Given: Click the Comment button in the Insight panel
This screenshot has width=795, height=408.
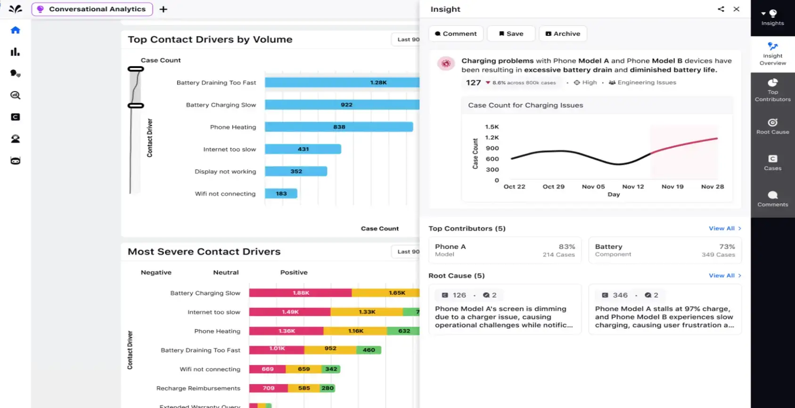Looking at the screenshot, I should [456, 34].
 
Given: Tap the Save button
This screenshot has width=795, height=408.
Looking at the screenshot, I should [511, 34].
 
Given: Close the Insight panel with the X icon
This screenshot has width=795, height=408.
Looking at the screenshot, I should [736, 9].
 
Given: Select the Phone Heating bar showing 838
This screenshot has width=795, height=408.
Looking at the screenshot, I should [338, 127].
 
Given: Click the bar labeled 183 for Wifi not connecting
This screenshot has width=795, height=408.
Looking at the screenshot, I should [281, 193].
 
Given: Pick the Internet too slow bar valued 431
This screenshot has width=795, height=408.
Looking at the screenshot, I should [303, 149].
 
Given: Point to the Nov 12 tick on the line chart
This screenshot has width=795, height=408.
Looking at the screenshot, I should [633, 187].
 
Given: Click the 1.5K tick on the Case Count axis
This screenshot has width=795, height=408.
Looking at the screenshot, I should [492, 127].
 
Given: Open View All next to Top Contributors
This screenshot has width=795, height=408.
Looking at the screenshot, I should [724, 228].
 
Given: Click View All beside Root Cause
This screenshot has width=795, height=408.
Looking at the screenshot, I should [724, 275].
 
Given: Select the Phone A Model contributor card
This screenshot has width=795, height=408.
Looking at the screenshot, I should [505, 250].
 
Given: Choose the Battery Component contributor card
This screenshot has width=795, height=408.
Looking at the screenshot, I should [664, 250].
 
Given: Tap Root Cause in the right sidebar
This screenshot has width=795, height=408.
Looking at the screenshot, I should [772, 126].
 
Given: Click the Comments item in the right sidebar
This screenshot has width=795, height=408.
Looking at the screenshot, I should [772, 199].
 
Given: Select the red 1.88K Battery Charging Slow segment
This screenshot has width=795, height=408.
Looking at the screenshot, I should [300, 293].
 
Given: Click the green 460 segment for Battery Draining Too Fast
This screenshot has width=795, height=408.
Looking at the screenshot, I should [369, 350].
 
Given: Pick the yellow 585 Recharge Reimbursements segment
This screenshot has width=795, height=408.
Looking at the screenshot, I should [304, 388].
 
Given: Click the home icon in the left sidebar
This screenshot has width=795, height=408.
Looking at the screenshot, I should [16, 30].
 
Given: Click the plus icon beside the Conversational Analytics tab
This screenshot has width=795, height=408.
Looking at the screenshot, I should [164, 9].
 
